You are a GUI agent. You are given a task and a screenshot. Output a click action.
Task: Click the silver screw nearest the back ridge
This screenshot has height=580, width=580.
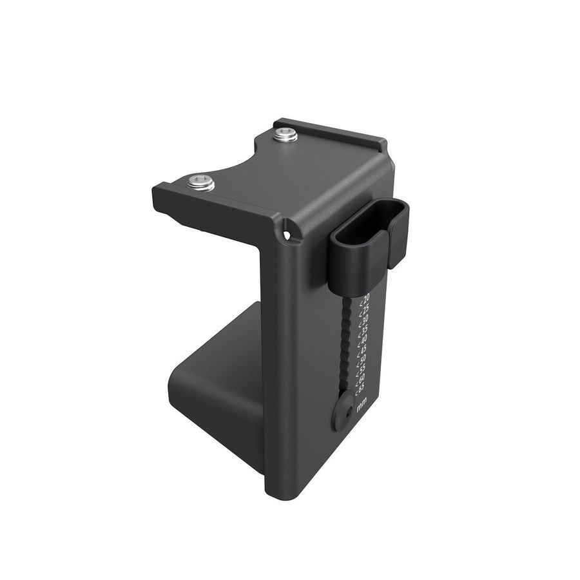click(285, 135)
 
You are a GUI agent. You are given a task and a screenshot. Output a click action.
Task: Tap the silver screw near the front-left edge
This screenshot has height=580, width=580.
click(201, 182)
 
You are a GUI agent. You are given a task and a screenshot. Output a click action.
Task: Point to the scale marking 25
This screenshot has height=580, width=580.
click(365, 309)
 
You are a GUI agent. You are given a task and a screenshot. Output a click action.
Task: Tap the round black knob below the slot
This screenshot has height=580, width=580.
click(343, 411)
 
